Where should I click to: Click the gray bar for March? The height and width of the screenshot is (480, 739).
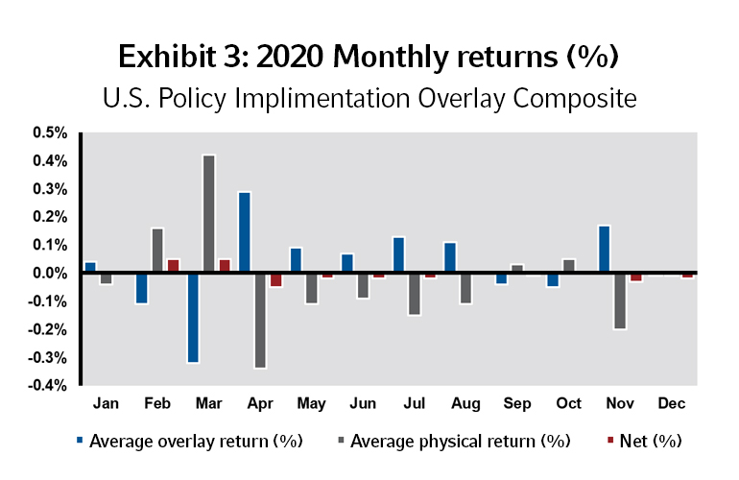[x=209, y=214]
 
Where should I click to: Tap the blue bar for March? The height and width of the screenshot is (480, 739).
[x=193, y=318]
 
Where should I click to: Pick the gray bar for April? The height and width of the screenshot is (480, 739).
[x=261, y=321]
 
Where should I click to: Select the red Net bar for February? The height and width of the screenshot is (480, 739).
[x=174, y=266]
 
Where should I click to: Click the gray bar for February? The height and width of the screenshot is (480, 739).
[x=157, y=251]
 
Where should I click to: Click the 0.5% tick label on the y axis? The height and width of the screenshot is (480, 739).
[x=48, y=132]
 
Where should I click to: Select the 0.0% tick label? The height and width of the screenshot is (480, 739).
[x=48, y=273]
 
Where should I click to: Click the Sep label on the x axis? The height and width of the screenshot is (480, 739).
[x=517, y=404]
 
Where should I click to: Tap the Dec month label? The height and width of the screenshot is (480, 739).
[x=671, y=404]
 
